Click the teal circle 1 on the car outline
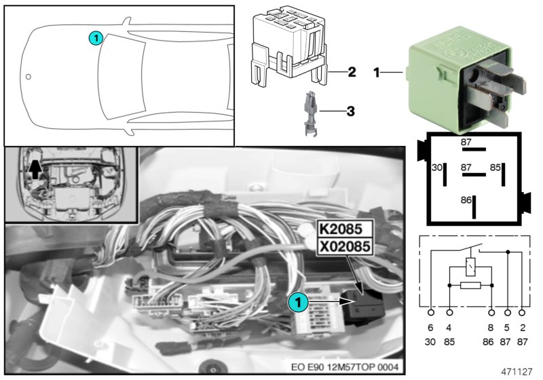96,39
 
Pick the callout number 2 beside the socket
352,71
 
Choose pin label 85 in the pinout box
495,167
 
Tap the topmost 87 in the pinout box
466,142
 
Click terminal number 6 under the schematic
431,327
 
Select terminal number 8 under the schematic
491,327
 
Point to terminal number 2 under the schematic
521,327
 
